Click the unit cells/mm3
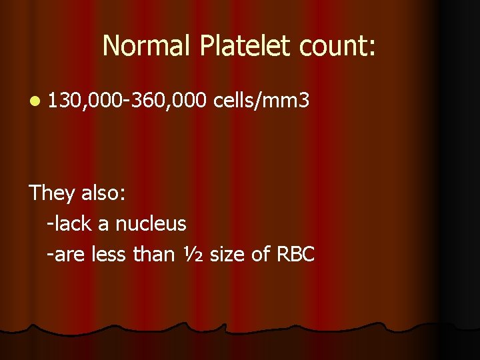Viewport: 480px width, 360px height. [261, 101]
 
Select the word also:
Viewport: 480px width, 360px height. [103, 193]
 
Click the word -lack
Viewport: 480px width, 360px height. [70, 223]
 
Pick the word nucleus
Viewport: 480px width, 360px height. [151, 224]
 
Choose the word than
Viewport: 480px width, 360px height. [155, 254]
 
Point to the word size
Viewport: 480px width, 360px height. [227, 254]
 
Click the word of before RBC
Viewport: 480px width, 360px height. [261, 254]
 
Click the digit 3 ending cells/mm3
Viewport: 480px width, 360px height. [303, 101]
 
